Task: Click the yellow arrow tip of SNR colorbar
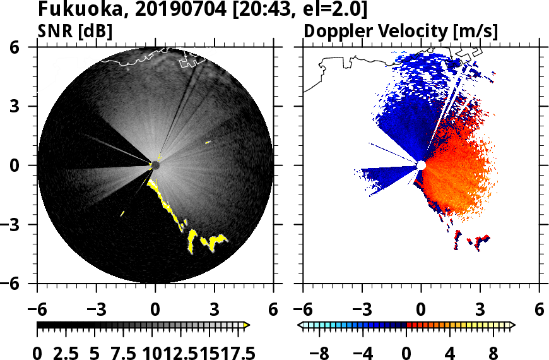(x=247, y=325)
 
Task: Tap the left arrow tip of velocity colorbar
(x=300, y=325)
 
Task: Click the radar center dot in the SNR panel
(x=155, y=165)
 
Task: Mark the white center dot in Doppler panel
(x=421, y=165)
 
